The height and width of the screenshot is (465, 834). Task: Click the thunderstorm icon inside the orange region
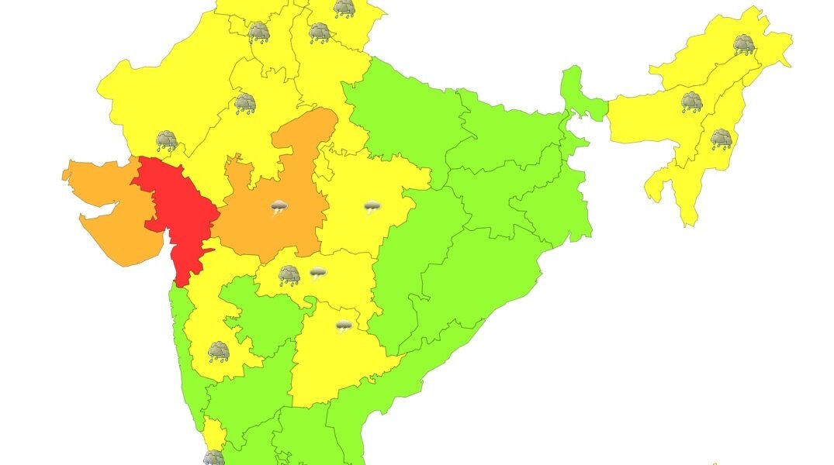tap(279, 207)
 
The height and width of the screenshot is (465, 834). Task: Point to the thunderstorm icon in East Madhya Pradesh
tap(372, 207)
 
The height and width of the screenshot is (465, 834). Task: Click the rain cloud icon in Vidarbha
tap(289, 274)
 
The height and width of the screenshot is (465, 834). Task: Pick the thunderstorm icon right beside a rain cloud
tap(317, 272)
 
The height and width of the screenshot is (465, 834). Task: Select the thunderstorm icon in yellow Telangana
tap(343, 326)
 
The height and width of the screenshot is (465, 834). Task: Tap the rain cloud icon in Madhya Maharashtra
tap(219, 352)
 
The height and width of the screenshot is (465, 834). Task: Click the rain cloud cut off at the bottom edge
tap(213, 458)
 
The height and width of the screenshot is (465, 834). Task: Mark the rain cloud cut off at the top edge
tap(344, 8)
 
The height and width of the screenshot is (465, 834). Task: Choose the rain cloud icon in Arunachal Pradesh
tap(744, 44)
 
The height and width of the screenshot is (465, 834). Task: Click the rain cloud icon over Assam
tap(691, 102)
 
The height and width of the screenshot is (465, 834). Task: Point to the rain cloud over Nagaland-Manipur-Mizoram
tap(722, 139)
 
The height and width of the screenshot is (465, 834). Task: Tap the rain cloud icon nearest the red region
tap(167, 140)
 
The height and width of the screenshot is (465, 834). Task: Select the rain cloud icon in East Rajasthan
tap(245, 102)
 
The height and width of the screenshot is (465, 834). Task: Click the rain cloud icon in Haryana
tap(258, 32)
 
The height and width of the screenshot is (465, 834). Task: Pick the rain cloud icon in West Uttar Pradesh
tap(320, 33)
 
